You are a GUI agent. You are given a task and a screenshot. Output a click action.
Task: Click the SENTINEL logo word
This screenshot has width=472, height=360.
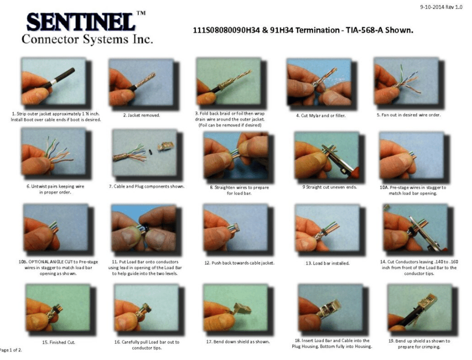coord(81,22)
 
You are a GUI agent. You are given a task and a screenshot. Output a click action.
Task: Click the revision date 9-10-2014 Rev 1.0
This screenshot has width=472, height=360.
coord(441,7)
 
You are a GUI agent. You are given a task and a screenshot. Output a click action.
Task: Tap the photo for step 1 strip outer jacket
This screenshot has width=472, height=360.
coord(53,81)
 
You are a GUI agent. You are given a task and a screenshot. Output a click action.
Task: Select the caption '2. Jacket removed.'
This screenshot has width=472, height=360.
coord(141,115)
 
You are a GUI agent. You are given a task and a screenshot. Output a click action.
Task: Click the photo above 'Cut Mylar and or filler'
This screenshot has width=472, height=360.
coord(319,82)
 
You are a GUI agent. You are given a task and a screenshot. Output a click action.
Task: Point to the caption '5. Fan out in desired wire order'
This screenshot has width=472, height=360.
coord(409,115)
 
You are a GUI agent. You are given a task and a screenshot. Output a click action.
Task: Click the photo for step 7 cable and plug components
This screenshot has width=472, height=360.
coord(144,153)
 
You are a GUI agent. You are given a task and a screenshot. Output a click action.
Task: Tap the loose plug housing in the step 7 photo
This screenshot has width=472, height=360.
coord(163,147)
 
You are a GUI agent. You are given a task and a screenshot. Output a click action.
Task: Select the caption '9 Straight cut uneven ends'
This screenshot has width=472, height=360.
coord(329,187)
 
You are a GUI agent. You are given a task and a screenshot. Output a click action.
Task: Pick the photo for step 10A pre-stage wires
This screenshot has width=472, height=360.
coord(412,156)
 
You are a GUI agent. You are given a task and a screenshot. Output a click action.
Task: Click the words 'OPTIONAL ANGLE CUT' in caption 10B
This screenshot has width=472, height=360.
coord(51,262)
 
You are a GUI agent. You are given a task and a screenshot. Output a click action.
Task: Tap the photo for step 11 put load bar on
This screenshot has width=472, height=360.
coord(144,228)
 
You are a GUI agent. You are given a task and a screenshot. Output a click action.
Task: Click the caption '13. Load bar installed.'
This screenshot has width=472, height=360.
coord(328,263)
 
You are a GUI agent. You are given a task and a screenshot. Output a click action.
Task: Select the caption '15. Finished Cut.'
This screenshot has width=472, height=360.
coord(59,342)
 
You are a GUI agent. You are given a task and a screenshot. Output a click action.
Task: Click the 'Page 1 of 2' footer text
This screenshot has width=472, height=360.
coord(11,350)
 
